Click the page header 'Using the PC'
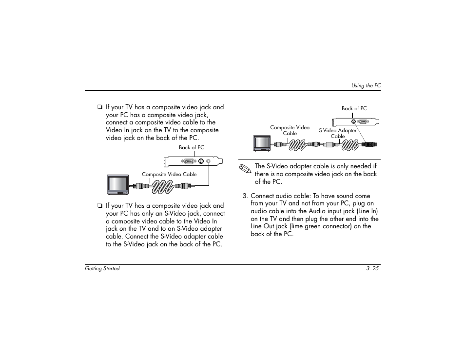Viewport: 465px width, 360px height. [x=366, y=85]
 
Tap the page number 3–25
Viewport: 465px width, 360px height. [x=373, y=269]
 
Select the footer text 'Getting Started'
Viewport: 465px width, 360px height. [x=102, y=269]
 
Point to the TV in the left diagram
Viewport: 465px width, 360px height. [x=117, y=184]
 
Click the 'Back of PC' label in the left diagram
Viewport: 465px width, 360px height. [x=192, y=147]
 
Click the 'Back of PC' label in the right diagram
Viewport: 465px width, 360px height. [x=354, y=109]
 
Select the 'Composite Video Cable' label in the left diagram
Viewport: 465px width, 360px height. [x=169, y=174]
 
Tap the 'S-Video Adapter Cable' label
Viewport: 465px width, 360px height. [x=338, y=133]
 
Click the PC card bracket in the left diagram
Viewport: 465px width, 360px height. [x=194, y=161]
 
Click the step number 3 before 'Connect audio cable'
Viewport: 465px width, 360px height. [x=245, y=196]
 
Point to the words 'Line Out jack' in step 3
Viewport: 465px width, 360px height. [x=269, y=226]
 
